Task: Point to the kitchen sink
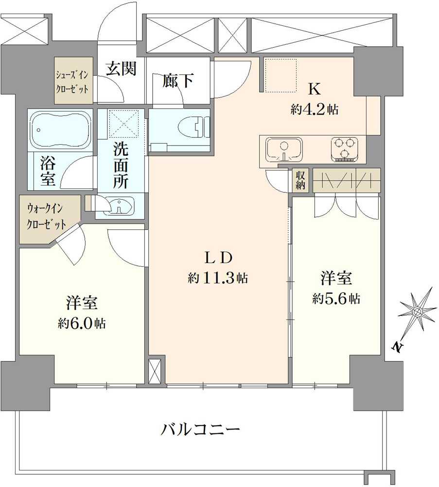[x=284, y=149]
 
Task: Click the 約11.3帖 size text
[x=218, y=278]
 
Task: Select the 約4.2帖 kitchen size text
[x=314, y=110]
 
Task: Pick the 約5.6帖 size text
[x=336, y=299]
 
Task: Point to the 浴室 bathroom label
[x=47, y=170]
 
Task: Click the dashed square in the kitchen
[x=281, y=75]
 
